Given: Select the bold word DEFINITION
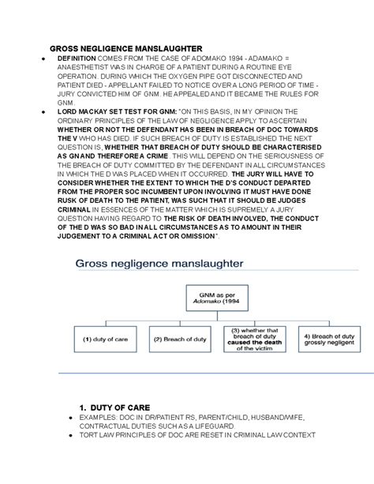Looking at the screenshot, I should pyautogui.click(x=77, y=59).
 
